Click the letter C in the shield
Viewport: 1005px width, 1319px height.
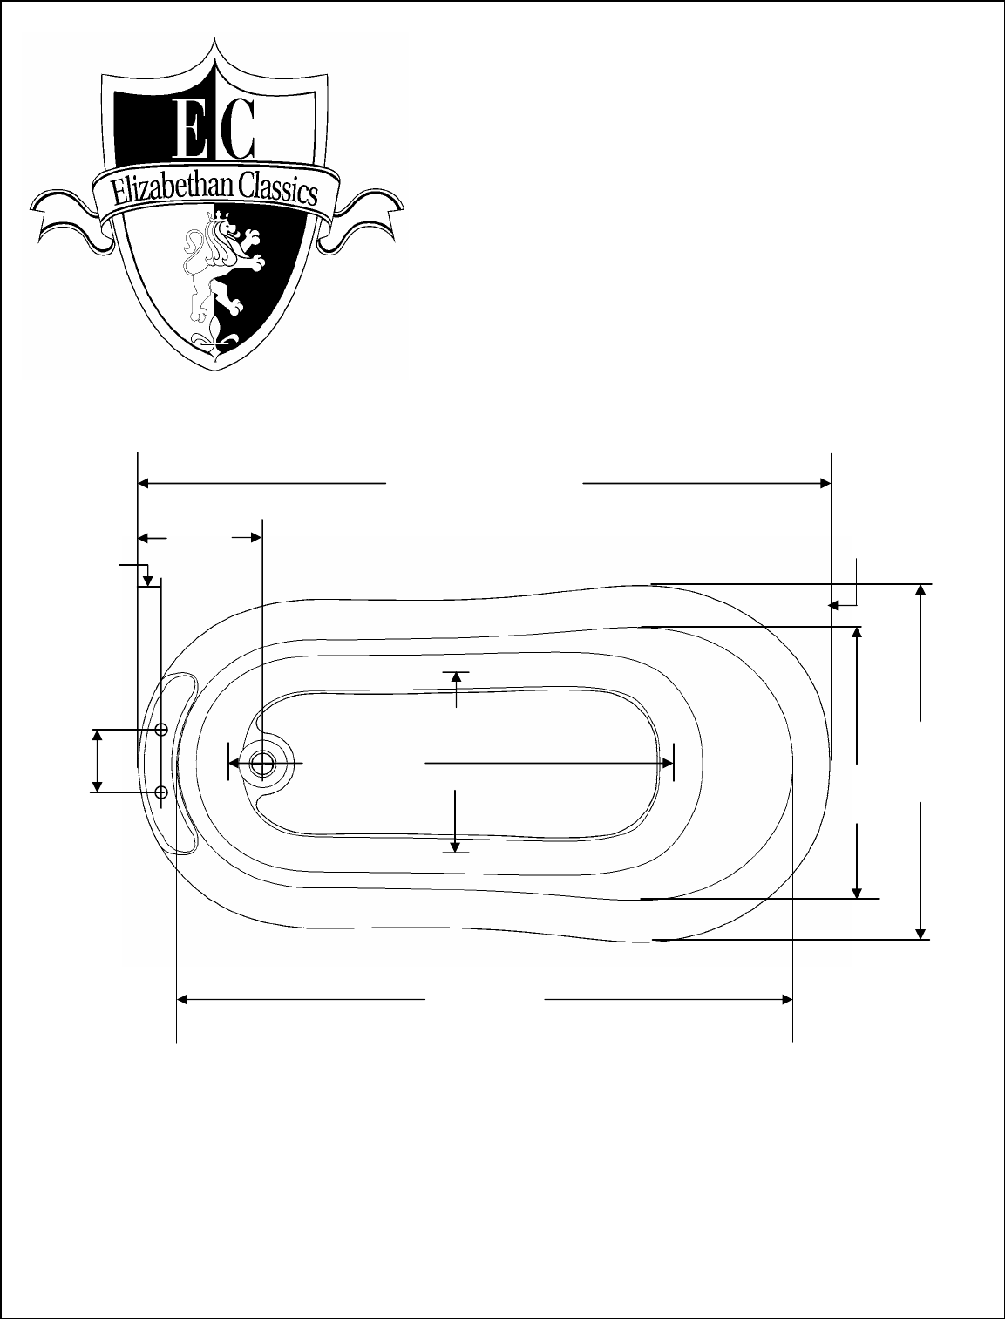tap(235, 128)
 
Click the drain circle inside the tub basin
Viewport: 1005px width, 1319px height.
tap(261, 764)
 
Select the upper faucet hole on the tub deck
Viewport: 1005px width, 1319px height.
tap(161, 730)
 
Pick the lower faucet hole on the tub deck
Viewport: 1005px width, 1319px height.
tap(161, 792)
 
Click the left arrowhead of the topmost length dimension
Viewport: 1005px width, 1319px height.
tap(144, 483)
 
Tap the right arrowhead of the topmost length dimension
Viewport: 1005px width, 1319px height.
tap(825, 483)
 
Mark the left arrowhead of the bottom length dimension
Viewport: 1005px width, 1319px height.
tap(182, 1000)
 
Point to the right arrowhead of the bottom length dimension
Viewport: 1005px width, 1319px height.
tap(787, 1000)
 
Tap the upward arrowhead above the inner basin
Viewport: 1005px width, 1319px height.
tap(457, 677)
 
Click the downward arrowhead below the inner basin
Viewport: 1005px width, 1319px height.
tap(455, 847)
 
